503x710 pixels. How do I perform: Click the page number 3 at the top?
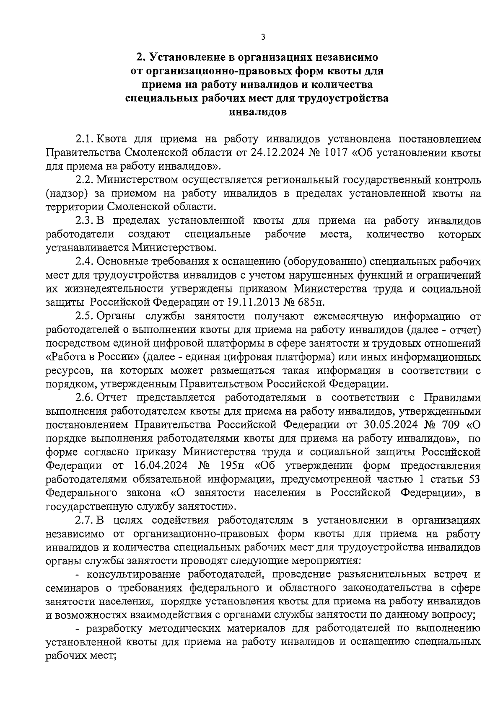pyautogui.click(x=263, y=37)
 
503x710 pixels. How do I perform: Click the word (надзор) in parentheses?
pyautogui.click(x=66, y=193)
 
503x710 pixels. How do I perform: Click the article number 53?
pyautogui.click(x=474, y=479)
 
